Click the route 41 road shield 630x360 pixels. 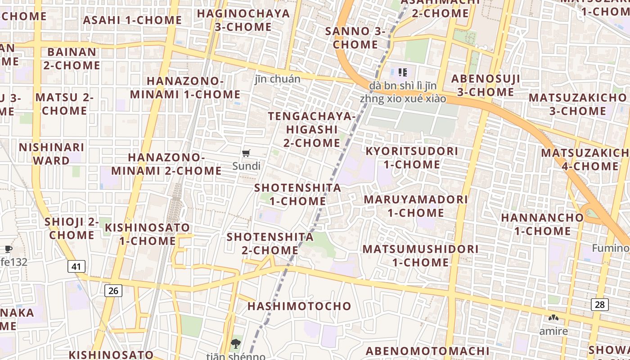(x=76, y=266)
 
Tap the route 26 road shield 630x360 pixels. (x=113, y=291)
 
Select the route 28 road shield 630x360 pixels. (x=599, y=305)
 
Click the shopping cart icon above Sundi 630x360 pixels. (x=246, y=153)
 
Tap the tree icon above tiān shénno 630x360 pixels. (x=235, y=344)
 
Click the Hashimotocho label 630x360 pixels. (x=299, y=306)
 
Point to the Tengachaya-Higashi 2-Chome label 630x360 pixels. (x=312, y=130)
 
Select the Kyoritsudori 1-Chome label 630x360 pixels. (x=412, y=157)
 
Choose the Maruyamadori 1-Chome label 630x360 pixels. (x=416, y=206)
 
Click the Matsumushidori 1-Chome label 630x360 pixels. (x=420, y=255)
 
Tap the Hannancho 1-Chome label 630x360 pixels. (x=542, y=224)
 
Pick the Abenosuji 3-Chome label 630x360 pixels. (x=486, y=85)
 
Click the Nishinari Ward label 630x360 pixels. (x=51, y=154)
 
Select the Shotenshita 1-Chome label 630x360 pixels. (x=297, y=194)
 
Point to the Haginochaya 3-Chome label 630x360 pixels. (x=243, y=20)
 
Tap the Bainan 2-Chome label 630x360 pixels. (x=72, y=58)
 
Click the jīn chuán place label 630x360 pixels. (x=277, y=79)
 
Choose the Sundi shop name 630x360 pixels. (x=246, y=166)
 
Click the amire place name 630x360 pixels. (x=553, y=332)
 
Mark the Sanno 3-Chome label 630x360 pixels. (x=355, y=38)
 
